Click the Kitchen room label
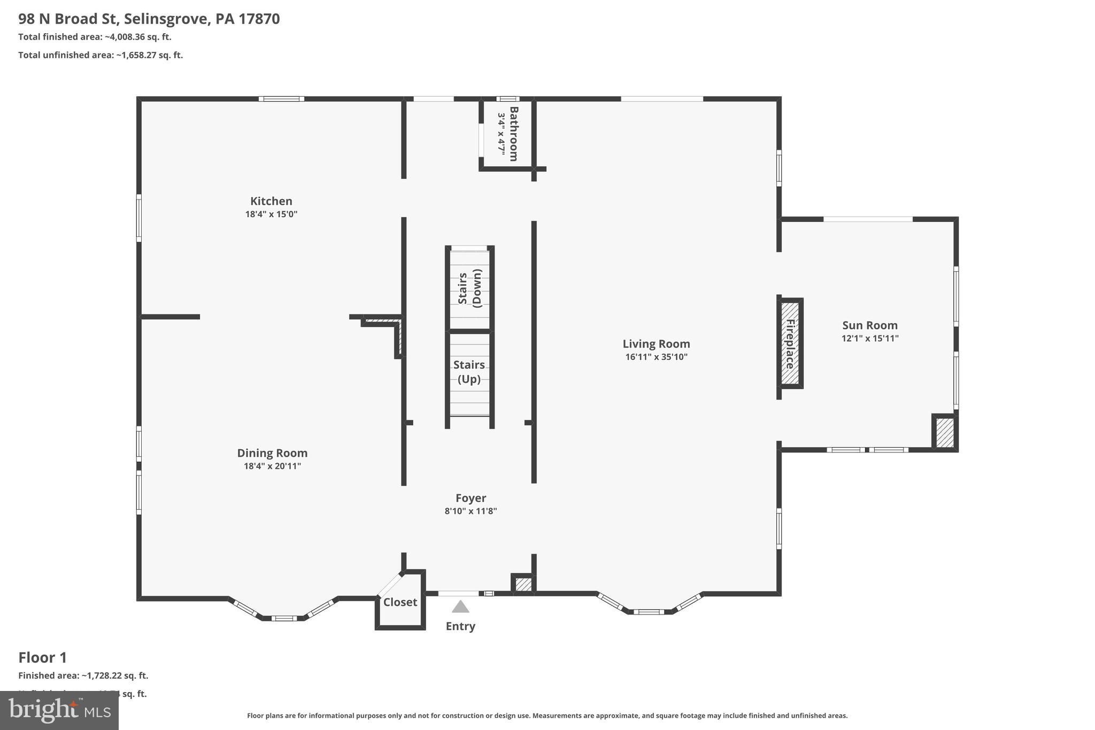[271, 201]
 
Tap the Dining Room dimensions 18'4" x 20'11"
[272, 466]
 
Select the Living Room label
[656, 344]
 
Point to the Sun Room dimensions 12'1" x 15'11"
[870, 338]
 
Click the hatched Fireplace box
[790, 343]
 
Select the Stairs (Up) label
[469, 372]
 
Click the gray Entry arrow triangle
[460, 607]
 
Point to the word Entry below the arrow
[460, 626]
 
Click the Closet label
[400, 602]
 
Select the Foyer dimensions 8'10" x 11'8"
[471, 511]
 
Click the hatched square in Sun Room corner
[945, 433]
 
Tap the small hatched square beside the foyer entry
[523, 585]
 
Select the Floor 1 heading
[43, 657]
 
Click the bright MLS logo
[59, 710]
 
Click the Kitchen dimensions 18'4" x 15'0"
[271, 214]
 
